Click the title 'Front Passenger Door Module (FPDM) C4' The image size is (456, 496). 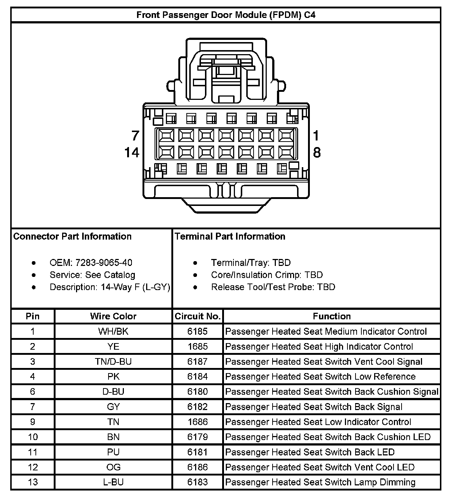click(x=226, y=15)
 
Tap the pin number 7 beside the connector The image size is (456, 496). click(x=135, y=136)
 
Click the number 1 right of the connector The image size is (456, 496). click(x=316, y=136)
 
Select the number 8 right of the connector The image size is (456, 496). click(x=317, y=152)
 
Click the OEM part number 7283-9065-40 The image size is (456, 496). click(x=104, y=263)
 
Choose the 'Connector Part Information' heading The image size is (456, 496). click(x=72, y=236)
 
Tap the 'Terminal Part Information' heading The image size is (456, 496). click(x=230, y=236)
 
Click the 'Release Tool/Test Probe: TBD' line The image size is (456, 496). click(x=273, y=287)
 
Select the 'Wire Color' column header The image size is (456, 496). click(x=113, y=316)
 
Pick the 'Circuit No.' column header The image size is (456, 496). click(x=198, y=316)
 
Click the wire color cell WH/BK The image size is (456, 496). click(x=113, y=331)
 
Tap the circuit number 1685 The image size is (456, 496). click(x=198, y=346)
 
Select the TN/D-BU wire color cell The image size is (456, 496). click(x=113, y=362)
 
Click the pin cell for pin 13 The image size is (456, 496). click(x=33, y=482)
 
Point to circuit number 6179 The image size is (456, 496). click(x=198, y=437)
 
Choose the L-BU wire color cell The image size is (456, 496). click(x=113, y=482)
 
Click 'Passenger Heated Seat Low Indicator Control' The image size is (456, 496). click(x=318, y=422)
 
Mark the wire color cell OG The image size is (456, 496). click(x=113, y=467)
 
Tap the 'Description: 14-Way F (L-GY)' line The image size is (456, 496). click(x=110, y=287)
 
